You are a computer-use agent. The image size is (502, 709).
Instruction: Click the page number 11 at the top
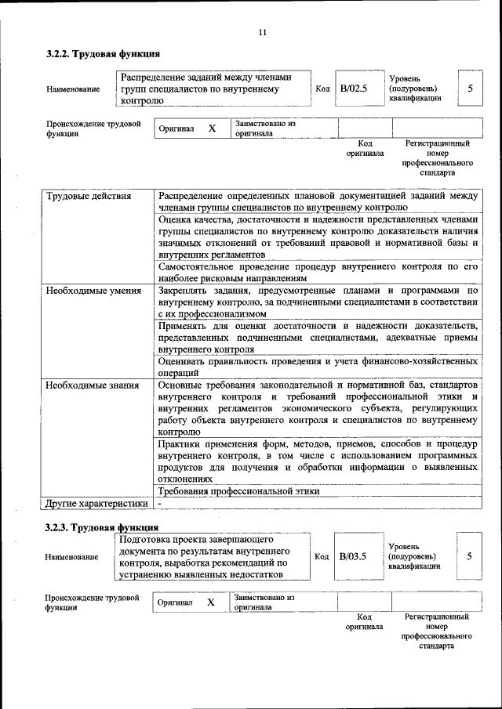(263, 32)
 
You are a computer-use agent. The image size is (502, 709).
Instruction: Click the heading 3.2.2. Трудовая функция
(103, 54)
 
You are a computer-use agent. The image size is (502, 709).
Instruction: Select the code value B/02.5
(353, 89)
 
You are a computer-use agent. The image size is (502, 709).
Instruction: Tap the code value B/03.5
(353, 556)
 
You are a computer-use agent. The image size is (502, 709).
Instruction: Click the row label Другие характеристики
(96, 503)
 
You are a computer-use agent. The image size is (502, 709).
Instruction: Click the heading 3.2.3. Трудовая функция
(102, 527)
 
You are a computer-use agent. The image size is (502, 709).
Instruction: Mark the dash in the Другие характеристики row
(159, 503)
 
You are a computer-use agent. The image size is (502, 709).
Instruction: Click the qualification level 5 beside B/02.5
(470, 89)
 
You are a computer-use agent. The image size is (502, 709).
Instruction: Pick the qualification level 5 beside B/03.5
(469, 556)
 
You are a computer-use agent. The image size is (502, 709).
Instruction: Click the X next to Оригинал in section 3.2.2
(212, 128)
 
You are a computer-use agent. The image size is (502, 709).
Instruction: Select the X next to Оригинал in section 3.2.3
(210, 602)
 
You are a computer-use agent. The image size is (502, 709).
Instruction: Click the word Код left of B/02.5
(322, 89)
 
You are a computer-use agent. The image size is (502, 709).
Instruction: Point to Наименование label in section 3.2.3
(73, 557)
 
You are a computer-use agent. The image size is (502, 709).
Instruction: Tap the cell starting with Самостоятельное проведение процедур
(318, 272)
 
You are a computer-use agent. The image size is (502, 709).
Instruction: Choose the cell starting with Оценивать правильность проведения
(318, 367)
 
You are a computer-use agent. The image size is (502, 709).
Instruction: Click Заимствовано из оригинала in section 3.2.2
(264, 128)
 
